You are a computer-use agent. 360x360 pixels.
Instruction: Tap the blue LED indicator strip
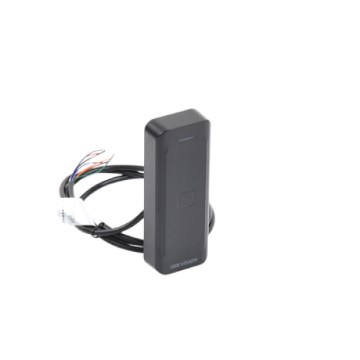pyautogui.click(x=186, y=138)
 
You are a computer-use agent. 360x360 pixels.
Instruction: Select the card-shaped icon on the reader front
pyautogui.click(x=186, y=199)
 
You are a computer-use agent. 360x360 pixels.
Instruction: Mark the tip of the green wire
pyautogui.click(x=113, y=155)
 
